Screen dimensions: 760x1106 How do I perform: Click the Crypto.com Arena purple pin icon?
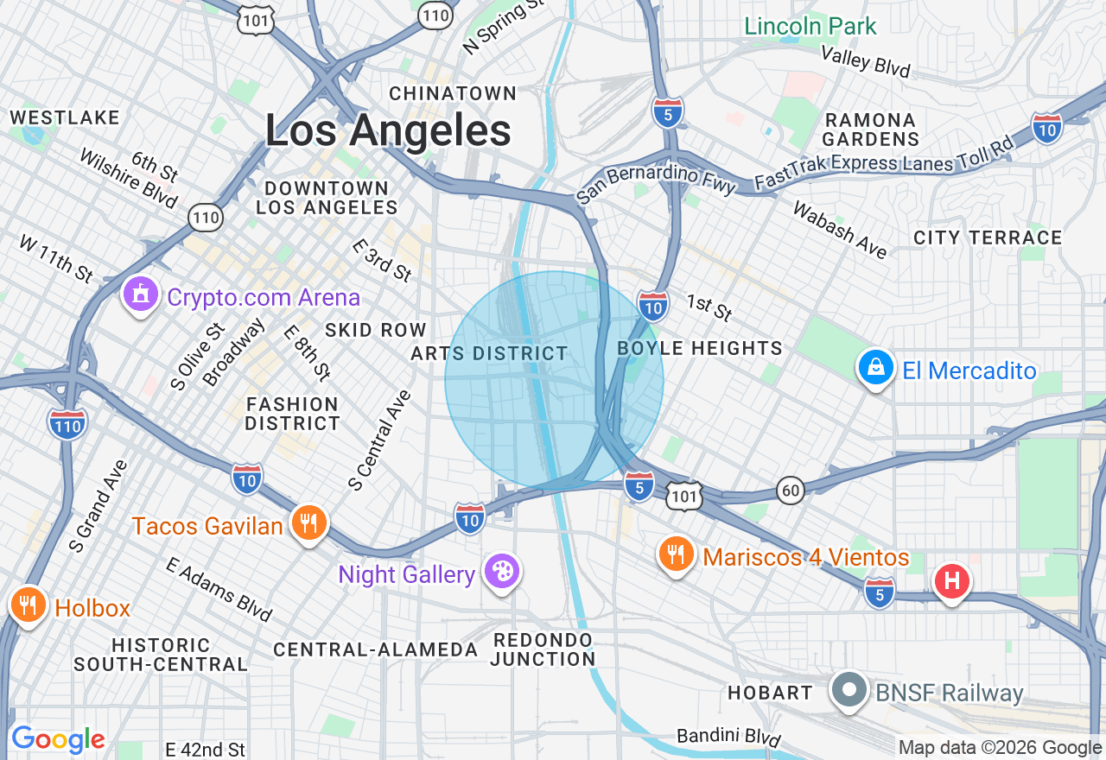point(141,295)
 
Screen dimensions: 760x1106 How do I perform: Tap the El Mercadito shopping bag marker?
point(875,368)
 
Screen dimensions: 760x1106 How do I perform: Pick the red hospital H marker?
point(951,579)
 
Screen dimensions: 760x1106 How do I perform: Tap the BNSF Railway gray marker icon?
point(849,690)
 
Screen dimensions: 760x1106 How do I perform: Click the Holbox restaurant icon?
point(29,605)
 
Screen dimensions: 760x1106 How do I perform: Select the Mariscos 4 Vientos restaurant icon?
point(676,554)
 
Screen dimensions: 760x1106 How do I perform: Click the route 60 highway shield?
point(790,490)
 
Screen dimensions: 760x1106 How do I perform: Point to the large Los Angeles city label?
point(388,131)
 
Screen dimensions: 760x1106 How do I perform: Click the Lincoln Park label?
point(810,26)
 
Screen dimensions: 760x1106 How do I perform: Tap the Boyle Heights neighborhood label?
point(700,348)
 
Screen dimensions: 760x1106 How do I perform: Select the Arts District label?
point(489,353)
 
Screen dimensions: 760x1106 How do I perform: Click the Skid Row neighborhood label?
point(375,330)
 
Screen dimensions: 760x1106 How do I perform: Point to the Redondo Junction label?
point(543,649)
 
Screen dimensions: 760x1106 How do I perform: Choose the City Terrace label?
point(987,237)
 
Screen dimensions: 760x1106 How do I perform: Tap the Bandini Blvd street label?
point(728,737)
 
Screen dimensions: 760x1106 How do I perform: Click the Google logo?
point(58,739)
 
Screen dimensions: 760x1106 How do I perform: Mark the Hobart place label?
point(769,693)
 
